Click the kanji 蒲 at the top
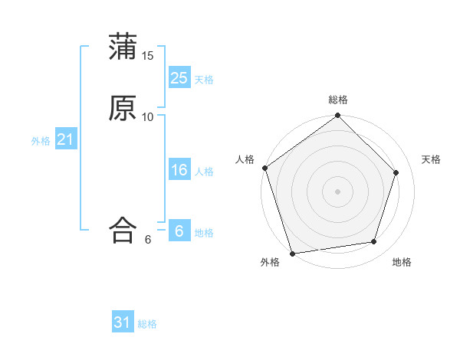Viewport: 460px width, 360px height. point(123,47)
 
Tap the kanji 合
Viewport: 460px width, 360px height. point(123,230)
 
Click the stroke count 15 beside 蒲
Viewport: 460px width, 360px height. point(148,55)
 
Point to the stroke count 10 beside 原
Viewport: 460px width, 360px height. point(148,116)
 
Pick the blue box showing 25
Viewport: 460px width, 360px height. point(179,78)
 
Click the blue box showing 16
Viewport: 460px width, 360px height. point(179,170)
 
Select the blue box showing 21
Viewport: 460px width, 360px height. point(66,139)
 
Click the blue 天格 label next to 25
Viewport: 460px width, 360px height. point(204,80)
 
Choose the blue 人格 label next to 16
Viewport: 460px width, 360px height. point(204,172)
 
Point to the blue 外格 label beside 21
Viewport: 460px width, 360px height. point(41,141)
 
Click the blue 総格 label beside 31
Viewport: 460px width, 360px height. point(148,324)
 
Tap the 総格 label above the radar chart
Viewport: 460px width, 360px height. point(338,100)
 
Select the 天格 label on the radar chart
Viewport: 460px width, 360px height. point(432,159)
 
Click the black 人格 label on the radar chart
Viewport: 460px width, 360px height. point(245,159)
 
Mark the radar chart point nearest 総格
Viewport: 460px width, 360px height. point(338,116)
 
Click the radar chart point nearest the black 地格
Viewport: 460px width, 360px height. point(374,241)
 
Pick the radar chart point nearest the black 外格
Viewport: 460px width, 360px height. point(292,253)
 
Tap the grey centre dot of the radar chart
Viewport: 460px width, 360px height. point(338,191)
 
